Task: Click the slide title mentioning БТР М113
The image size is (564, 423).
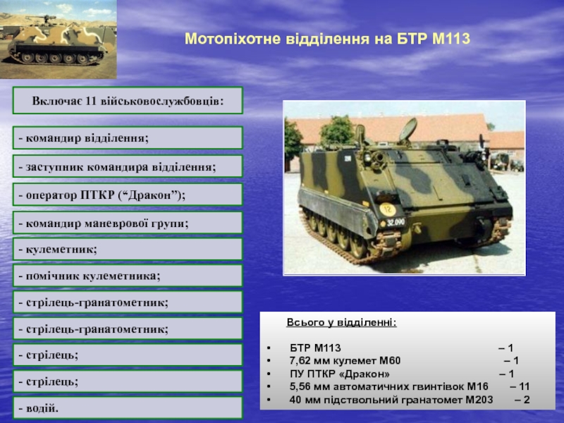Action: coord(327,39)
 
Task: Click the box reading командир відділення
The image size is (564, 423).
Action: coord(128,137)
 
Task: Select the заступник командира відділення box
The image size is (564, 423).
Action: coord(128,166)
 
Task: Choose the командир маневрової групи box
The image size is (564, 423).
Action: coord(128,223)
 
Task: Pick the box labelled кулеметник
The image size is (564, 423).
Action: coord(128,249)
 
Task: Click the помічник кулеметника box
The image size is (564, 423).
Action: coord(128,276)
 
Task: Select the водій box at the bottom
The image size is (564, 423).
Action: coord(128,408)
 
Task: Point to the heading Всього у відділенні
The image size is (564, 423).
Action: coord(342,322)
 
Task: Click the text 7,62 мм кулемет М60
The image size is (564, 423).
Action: coord(345,361)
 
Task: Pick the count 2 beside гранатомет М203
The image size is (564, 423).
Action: coord(527,400)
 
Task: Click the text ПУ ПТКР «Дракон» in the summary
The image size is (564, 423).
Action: coord(340,374)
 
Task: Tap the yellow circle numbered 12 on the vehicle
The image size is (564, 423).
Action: coord(387,209)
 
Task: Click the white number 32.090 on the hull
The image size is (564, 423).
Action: coord(396,222)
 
